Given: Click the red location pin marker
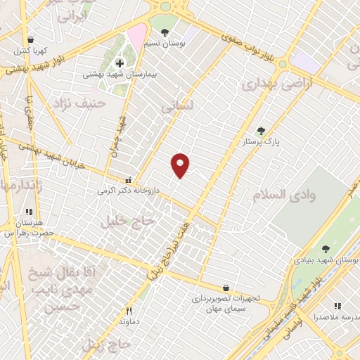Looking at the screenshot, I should [x=181, y=165].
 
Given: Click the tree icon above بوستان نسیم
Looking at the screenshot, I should [x=165, y=32].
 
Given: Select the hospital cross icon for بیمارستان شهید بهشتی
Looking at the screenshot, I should [x=120, y=63].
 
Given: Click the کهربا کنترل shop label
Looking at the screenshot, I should [x=30, y=51].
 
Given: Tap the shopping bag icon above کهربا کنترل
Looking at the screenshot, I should [x=30, y=40].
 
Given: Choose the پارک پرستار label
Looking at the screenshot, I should [x=262, y=142].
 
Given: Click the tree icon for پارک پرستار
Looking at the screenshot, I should [x=261, y=131].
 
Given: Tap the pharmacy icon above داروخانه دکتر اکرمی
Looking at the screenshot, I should [x=127, y=179].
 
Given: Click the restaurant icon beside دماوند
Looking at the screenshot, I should [x=128, y=311].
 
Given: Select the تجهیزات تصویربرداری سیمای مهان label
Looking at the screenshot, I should [x=226, y=303].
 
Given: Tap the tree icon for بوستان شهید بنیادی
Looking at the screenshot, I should [x=326, y=249].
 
